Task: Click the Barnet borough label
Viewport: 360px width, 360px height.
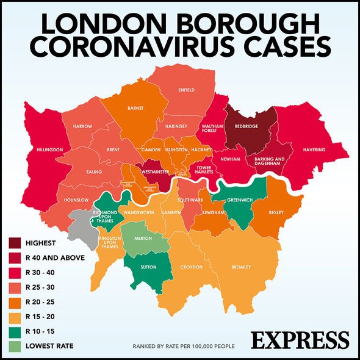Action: [x=135, y=108]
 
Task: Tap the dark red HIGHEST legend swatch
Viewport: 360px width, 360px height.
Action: [x=16, y=243]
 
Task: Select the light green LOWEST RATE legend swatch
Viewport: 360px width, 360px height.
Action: [x=16, y=346]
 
